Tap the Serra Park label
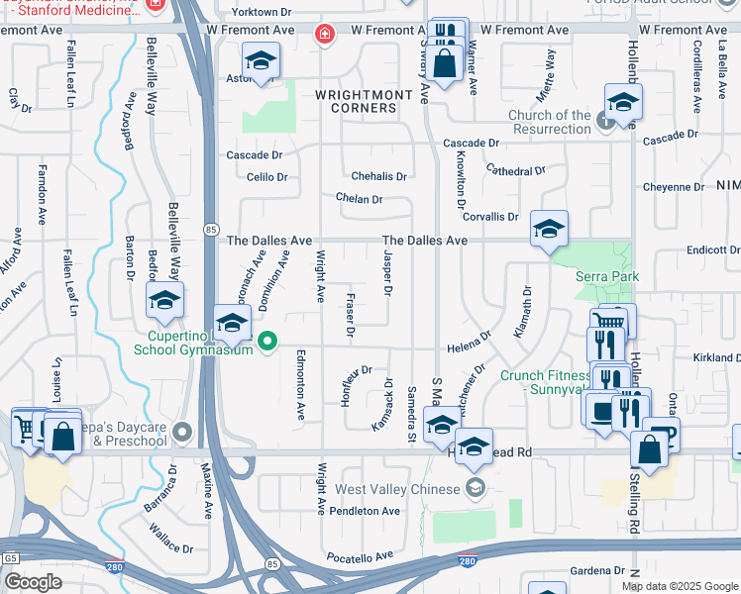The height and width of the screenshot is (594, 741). pyautogui.click(x=607, y=277)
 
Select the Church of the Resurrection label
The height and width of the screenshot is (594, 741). pyautogui.click(x=549, y=123)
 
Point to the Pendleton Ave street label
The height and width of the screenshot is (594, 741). pyautogui.click(x=366, y=511)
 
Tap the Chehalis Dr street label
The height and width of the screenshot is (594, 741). pyautogui.click(x=372, y=176)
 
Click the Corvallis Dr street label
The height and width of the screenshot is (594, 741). pyautogui.click(x=489, y=216)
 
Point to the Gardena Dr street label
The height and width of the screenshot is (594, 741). pyautogui.click(x=597, y=571)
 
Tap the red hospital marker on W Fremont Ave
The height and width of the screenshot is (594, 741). pyautogui.click(x=323, y=36)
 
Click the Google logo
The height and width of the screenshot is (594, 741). pyautogui.click(x=32, y=582)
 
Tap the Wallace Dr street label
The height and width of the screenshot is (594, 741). pyautogui.click(x=149, y=543)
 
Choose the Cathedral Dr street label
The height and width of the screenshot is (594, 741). pyautogui.click(x=516, y=170)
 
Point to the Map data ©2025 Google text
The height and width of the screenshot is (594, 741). pyautogui.click(x=680, y=586)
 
